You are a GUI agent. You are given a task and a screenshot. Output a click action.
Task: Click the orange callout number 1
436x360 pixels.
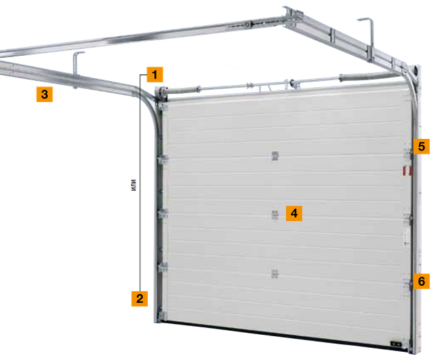coord(155,74)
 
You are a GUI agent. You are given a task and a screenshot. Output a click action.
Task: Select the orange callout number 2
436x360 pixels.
coord(140,298)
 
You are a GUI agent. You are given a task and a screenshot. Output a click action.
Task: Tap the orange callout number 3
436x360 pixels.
coord(44,94)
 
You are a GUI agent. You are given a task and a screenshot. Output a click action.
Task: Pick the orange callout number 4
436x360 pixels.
coord(294,213)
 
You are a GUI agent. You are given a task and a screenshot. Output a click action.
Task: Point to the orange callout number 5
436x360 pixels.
coord(422,146)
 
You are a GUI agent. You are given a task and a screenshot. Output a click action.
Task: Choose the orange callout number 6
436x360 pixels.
coord(422,281)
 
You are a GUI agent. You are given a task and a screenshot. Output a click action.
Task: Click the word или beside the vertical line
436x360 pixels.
coord(134,185)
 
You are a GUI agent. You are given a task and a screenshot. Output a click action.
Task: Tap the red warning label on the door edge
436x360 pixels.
coord(407,171)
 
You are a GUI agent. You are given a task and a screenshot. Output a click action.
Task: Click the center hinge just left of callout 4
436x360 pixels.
coord(275,215)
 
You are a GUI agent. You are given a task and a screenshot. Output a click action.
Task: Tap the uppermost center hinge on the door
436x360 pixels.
coord(275,156)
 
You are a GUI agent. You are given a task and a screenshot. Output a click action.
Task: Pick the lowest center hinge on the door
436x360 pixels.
coord(275,274)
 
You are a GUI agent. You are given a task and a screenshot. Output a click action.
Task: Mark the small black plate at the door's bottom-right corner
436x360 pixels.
coord(396,344)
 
